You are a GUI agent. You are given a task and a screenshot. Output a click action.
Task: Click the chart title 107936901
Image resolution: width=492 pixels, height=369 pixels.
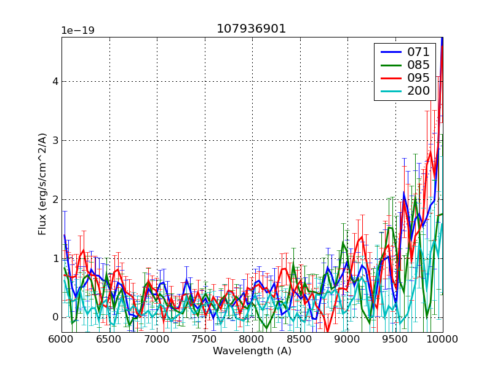(x=251, y=29)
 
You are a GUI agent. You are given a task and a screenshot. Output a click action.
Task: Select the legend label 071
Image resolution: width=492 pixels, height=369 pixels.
(x=418, y=52)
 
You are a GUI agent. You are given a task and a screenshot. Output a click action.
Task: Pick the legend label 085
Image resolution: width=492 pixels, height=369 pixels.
(x=418, y=65)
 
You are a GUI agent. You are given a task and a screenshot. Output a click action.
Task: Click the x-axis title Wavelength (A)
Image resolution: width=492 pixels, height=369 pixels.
(x=252, y=351)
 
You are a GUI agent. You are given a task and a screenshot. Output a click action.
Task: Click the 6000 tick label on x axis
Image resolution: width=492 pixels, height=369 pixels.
(x=61, y=339)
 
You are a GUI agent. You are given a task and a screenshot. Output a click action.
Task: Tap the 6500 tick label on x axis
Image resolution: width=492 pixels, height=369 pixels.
(x=109, y=339)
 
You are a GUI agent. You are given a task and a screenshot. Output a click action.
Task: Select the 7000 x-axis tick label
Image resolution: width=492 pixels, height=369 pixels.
(x=157, y=339)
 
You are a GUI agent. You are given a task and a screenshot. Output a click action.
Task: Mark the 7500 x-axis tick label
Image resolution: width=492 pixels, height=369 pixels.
(x=205, y=339)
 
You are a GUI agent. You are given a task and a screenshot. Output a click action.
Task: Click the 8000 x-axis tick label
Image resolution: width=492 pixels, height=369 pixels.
(x=252, y=339)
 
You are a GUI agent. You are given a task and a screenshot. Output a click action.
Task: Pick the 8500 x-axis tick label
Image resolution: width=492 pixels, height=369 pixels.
(x=300, y=339)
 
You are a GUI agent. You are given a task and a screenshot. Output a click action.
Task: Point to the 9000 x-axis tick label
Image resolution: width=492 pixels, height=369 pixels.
(x=347, y=339)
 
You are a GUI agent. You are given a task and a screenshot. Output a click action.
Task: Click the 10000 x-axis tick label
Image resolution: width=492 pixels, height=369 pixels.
(x=443, y=339)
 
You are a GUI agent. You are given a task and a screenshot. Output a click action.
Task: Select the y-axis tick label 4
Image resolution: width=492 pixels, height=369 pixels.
(x=55, y=81)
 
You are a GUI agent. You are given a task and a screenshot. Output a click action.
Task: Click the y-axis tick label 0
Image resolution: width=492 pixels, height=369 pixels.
(x=55, y=317)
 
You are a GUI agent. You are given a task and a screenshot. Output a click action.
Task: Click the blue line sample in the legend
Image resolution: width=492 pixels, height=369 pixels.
(x=389, y=52)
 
